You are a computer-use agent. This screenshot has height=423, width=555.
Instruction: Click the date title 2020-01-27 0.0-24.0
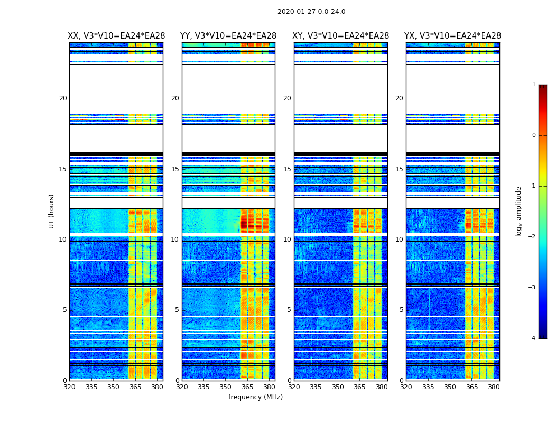311,12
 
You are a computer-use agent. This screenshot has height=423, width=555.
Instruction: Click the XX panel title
116,36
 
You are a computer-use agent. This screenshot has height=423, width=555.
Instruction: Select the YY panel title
228,36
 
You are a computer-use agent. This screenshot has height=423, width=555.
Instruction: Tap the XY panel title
341,36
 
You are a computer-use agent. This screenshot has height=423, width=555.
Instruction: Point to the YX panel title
453,36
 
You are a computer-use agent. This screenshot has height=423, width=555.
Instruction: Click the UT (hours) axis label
52,211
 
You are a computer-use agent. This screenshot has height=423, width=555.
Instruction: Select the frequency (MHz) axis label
255,397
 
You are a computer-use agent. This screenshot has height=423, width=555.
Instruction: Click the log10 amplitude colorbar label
519,212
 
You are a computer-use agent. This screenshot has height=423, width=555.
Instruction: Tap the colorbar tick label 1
534,85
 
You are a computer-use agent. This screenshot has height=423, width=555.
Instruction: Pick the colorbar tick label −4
532,338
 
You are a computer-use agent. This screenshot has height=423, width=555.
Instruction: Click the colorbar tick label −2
532,237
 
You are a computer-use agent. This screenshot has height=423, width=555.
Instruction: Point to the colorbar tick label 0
534,135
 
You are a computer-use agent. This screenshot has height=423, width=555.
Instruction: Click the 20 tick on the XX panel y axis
63,98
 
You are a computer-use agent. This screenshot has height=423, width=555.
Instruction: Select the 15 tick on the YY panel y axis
175,169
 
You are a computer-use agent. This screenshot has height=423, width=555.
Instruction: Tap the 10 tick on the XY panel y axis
287,240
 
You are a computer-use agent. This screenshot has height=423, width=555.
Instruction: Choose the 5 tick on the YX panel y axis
402,310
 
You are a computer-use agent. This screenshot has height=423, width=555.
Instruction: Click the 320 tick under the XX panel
69,387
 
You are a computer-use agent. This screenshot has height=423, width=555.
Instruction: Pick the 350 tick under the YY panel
226,387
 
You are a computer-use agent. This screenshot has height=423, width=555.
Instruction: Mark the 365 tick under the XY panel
359,387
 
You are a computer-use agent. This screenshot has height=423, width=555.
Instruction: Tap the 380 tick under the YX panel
494,387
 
